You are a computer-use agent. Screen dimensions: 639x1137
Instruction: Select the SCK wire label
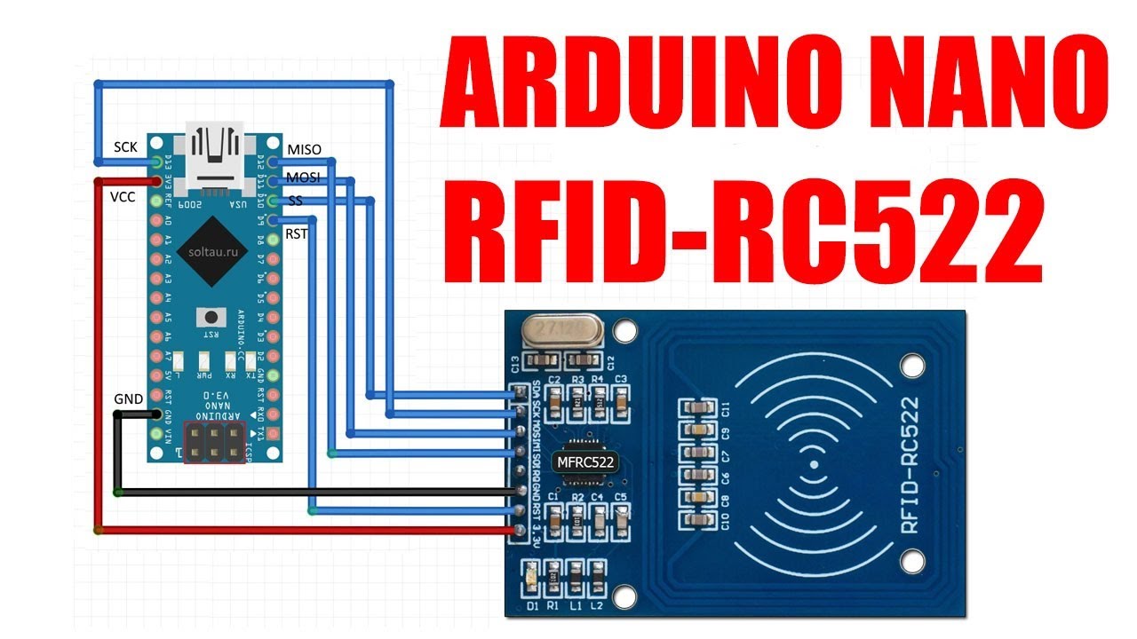(x=125, y=146)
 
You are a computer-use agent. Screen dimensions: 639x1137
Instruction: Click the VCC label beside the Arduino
(x=122, y=196)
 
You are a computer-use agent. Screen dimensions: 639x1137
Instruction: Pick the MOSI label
(x=303, y=179)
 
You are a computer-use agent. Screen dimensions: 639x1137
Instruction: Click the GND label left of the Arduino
(x=128, y=399)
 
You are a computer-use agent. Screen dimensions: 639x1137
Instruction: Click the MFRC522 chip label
(x=585, y=461)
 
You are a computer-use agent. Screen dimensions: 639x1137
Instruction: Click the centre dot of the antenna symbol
(x=812, y=464)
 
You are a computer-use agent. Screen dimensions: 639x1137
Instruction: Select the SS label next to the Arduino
(x=296, y=201)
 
